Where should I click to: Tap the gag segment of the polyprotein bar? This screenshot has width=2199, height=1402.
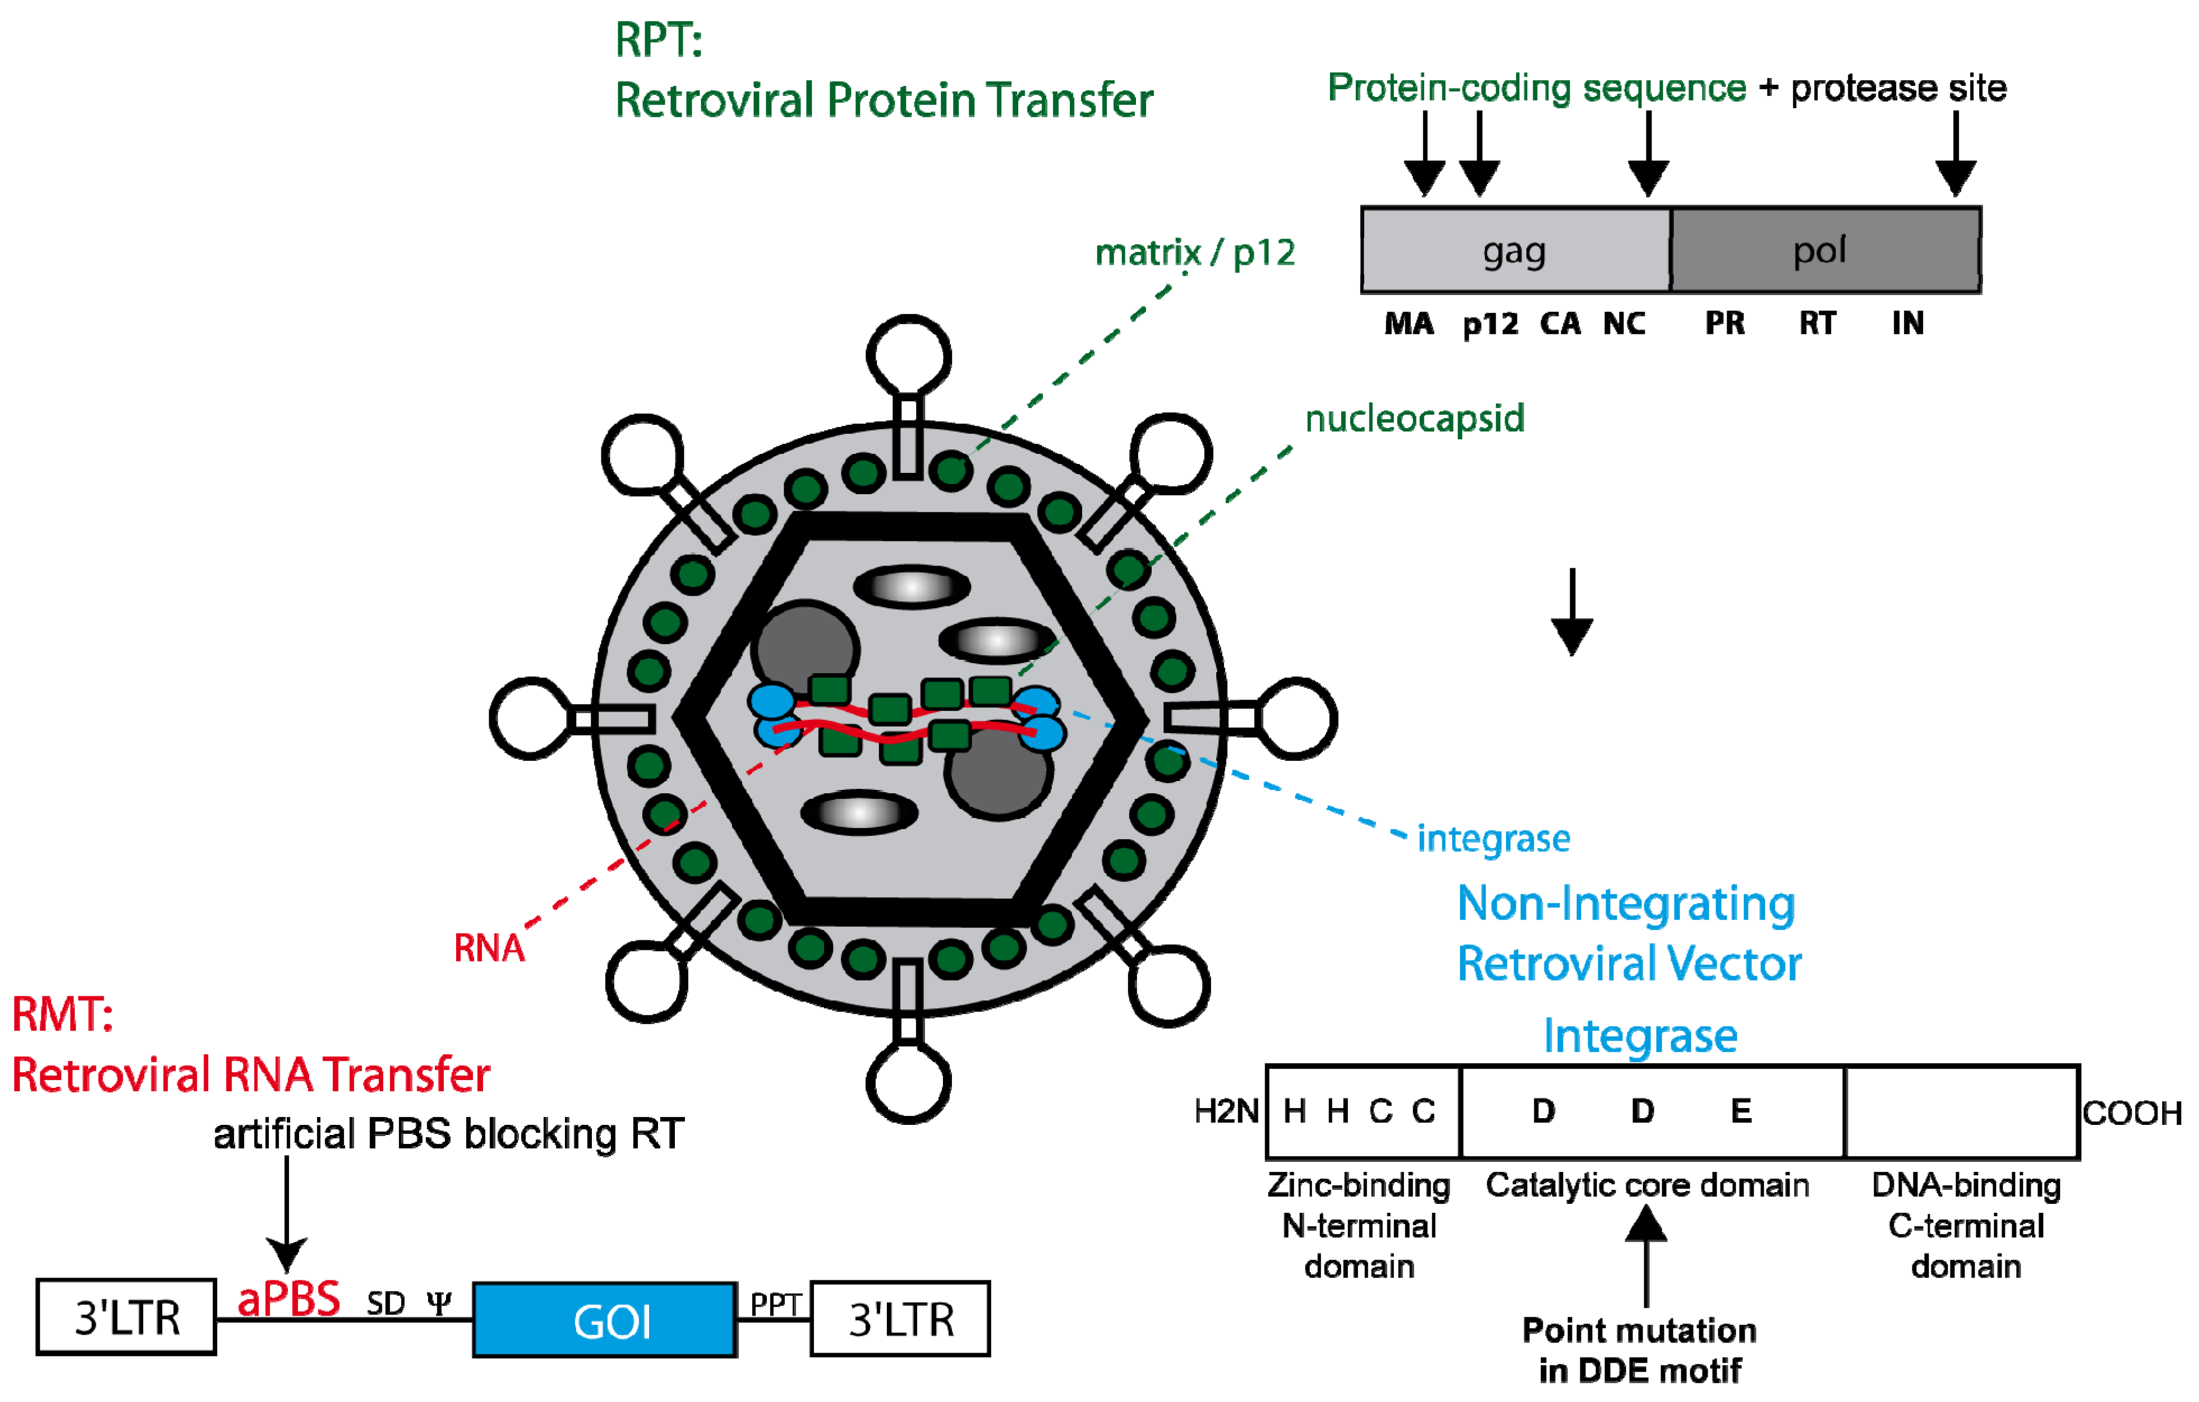click(x=1514, y=250)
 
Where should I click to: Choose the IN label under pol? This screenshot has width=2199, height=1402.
click(x=1908, y=323)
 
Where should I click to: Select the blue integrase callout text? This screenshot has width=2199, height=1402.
click(x=1493, y=839)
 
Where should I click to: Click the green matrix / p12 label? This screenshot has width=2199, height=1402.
click(x=1194, y=253)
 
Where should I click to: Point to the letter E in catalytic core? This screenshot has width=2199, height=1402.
click(x=1741, y=1111)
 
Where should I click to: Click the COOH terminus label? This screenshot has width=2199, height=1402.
click(x=2132, y=1113)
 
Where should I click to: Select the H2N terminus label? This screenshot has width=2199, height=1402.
click(x=1226, y=1111)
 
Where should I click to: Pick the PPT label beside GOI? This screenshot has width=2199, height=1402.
click(x=774, y=1304)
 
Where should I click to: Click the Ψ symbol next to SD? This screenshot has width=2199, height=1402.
click(x=439, y=1303)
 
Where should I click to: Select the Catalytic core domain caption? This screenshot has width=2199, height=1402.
click(x=1646, y=1185)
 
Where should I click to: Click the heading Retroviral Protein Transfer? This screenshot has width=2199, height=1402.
click(x=883, y=100)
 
